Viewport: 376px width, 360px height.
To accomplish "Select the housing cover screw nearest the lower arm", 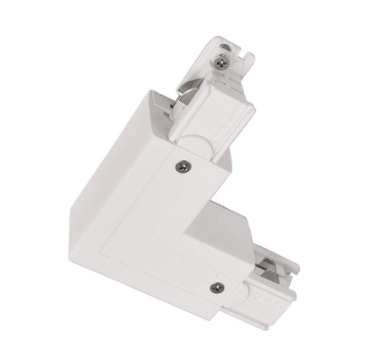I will click(214, 287).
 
